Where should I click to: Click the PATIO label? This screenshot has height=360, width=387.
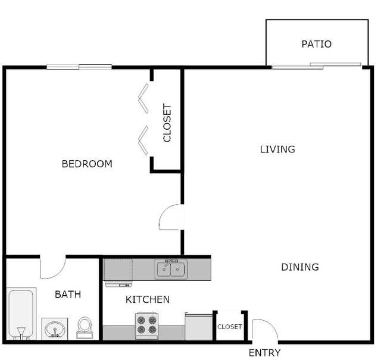316,44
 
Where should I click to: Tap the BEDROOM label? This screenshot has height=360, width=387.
87,164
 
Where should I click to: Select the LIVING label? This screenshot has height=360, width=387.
277,149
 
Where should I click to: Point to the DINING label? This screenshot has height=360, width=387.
299,267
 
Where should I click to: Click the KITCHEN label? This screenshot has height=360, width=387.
147,299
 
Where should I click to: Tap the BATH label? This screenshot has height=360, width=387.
68,294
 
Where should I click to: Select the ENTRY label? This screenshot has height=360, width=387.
264,353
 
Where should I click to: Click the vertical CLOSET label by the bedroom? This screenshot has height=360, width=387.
167,123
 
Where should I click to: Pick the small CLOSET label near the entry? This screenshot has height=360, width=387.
229,327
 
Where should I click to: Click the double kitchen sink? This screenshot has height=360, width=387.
171,270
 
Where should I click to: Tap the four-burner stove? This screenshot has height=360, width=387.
146,325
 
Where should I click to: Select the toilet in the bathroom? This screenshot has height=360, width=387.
85,327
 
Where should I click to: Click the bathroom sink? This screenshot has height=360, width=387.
55,328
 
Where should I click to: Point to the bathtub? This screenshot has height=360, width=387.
21,314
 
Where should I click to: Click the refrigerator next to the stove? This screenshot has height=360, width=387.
198,326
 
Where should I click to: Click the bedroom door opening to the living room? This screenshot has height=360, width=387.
171,217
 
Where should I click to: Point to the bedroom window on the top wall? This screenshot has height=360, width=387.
79,67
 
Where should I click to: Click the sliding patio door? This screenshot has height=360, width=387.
316,66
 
